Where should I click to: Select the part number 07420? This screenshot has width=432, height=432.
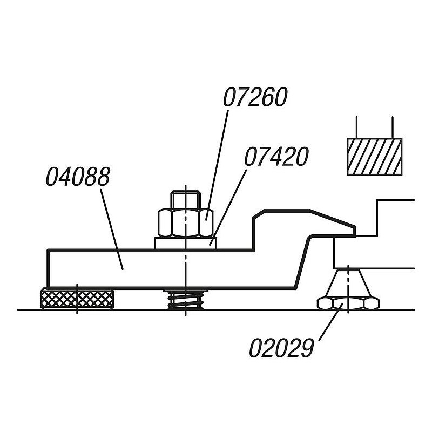[276, 157]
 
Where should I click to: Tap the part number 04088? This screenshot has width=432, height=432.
[78, 177]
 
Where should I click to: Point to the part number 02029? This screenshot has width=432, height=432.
[281, 348]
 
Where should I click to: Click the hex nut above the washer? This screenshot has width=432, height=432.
[186, 222]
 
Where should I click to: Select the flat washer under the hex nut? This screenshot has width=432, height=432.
[186, 244]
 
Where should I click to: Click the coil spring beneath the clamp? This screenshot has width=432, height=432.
[186, 300]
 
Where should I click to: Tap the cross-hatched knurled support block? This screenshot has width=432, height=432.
[77, 299]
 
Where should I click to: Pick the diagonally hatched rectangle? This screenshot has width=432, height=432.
[374, 157]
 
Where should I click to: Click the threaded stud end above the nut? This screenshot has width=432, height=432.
[185, 200]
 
